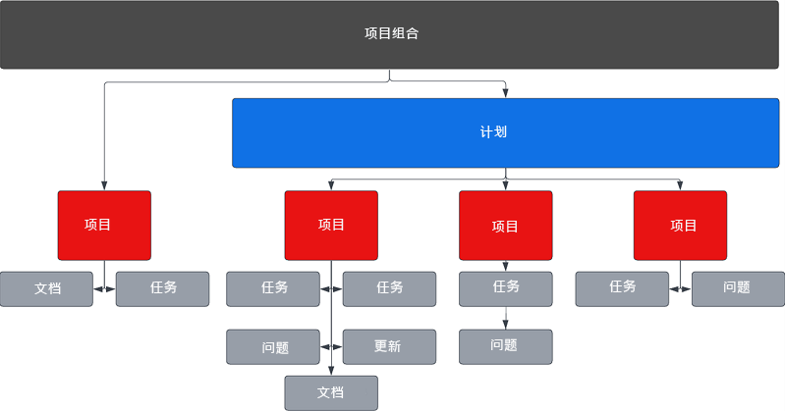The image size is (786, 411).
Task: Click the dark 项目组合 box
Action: tap(392, 34)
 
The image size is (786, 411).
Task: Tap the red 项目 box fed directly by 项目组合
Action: tap(104, 225)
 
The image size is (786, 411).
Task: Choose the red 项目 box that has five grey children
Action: tap(331, 225)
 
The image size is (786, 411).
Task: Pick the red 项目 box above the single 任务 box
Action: tap(505, 226)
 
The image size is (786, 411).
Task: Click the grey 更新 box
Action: tap(389, 346)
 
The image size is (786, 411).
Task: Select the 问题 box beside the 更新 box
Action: tap(273, 346)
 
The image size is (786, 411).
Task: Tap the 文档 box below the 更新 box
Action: tap(331, 392)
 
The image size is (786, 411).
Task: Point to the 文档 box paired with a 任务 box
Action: tap(46, 289)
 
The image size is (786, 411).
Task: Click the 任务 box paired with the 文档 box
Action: tap(162, 289)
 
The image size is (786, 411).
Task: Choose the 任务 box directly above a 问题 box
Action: tap(505, 288)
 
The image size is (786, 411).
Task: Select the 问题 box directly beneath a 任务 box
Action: tap(505, 346)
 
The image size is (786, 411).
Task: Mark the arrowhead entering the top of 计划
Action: tap(506, 94)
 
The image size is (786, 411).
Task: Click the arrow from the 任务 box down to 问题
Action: tap(506, 318)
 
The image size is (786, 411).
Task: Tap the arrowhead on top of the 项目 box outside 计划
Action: tap(104, 186)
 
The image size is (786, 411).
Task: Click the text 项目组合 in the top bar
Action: tap(392, 33)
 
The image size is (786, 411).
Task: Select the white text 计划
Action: tap(494, 132)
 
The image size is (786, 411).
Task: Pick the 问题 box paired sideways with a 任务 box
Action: tap(737, 288)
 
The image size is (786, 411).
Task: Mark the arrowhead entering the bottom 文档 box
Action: tap(331, 371)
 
